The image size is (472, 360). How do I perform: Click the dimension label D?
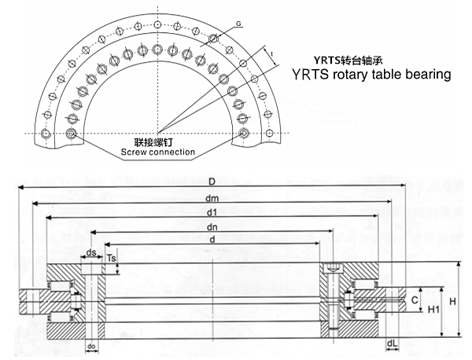pos(213,180)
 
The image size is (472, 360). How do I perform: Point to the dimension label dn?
pos(213,226)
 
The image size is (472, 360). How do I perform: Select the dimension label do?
pos(91,347)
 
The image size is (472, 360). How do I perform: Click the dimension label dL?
pos(392,343)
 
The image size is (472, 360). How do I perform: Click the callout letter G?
pos(238,24)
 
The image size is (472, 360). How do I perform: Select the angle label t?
pos(272,53)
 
